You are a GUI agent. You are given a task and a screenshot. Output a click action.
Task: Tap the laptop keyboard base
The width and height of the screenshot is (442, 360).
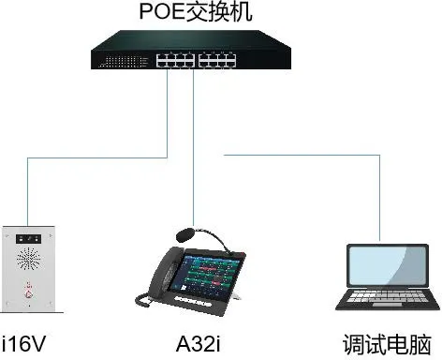click(x=378, y=302)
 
